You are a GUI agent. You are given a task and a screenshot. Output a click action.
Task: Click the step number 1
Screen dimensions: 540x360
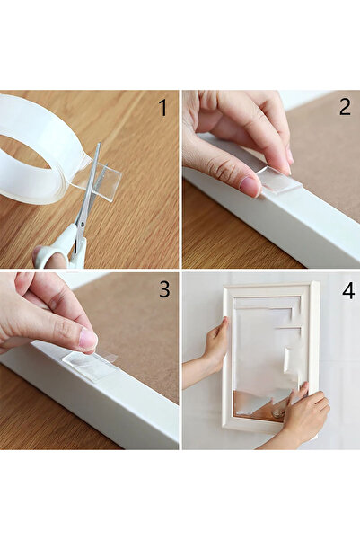click(x=162, y=108)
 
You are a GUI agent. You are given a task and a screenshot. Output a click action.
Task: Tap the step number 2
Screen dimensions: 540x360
click(x=344, y=108)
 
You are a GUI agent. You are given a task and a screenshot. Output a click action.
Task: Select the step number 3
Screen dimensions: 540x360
click(x=162, y=290)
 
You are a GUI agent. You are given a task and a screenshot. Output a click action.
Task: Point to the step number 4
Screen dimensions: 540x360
click(x=346, y=291)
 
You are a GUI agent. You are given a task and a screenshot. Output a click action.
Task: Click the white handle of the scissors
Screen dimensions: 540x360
click(x=54, y=255)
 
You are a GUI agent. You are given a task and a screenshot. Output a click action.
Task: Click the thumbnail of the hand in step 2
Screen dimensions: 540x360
click(x=250, y=186)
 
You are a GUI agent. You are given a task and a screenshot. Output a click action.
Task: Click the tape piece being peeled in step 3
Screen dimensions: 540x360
click(x=90, y=365)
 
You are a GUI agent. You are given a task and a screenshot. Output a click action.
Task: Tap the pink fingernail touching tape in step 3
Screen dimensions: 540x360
click(x=87, y=339)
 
